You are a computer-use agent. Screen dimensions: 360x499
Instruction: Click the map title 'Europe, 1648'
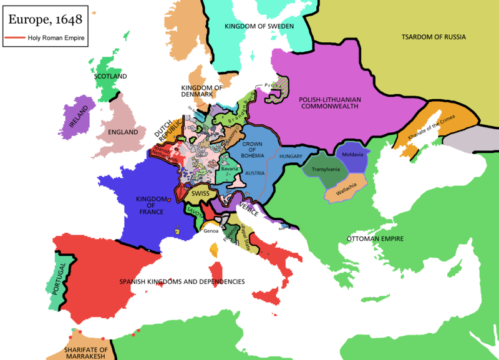coord(44,20)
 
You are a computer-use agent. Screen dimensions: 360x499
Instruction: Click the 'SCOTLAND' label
coord(110,76)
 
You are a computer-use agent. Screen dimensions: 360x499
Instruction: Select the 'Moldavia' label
coord(353,154)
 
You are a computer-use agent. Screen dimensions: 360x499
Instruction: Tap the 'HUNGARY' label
coord(291,156)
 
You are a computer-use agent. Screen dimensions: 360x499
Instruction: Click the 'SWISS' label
coord(201,194)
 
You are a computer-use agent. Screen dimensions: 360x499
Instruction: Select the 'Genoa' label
coord(211,231)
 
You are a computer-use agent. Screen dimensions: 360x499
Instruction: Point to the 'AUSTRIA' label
coord(255,173)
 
